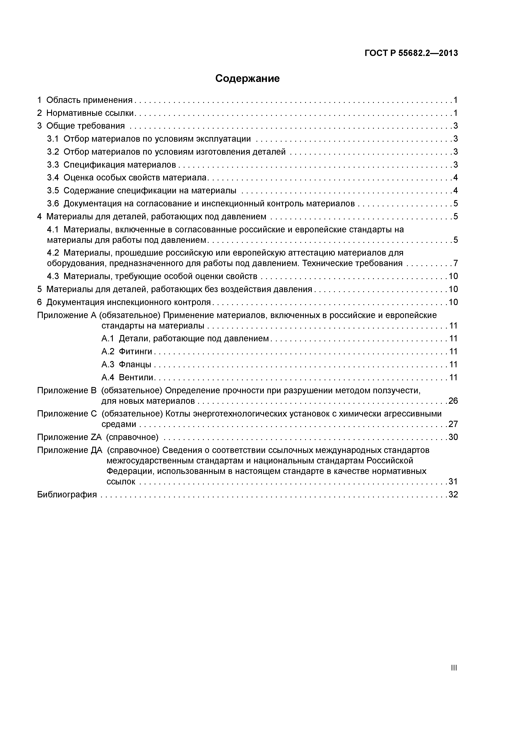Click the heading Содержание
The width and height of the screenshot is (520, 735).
click(x=247, y=78)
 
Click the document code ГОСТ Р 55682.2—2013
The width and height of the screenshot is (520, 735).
click(x=411, y=53)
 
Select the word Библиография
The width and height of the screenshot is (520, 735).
click(x=67, y=495)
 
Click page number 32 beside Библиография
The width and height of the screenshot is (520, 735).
click(x=453, y=495)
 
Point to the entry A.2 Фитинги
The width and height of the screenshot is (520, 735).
click(x=127, y=352)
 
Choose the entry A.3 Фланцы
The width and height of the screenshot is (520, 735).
click(x=126, y=364)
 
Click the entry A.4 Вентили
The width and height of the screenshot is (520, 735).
click(x=127, y=377)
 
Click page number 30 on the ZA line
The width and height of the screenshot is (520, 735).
click(x=453, y=437)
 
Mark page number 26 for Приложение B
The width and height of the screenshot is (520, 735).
click(x=453, y=401)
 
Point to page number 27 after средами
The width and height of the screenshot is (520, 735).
click(x=453, y=424)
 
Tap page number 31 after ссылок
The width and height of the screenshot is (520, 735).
click(x=453, y=481)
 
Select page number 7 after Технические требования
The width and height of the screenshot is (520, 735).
click(x=455, y=263)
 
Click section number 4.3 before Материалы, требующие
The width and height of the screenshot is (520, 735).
click(x=53, y=276)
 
